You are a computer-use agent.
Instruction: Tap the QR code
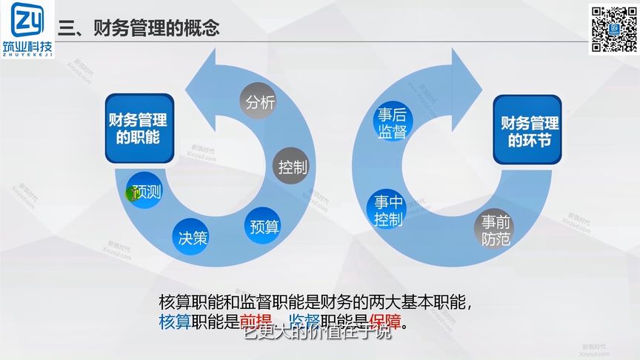(613, 29)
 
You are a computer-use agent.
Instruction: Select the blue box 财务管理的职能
(138, 128)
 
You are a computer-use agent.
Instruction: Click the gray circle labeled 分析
(260, 101)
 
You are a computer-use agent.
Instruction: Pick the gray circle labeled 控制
(293, 167)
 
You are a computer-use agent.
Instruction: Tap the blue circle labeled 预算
(264, 226)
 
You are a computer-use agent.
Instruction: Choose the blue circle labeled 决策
(193, 238)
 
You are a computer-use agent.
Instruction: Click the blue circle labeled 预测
(145, 191)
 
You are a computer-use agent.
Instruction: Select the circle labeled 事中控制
(387, 210)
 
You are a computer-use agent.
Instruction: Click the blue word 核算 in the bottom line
(175, 324)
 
